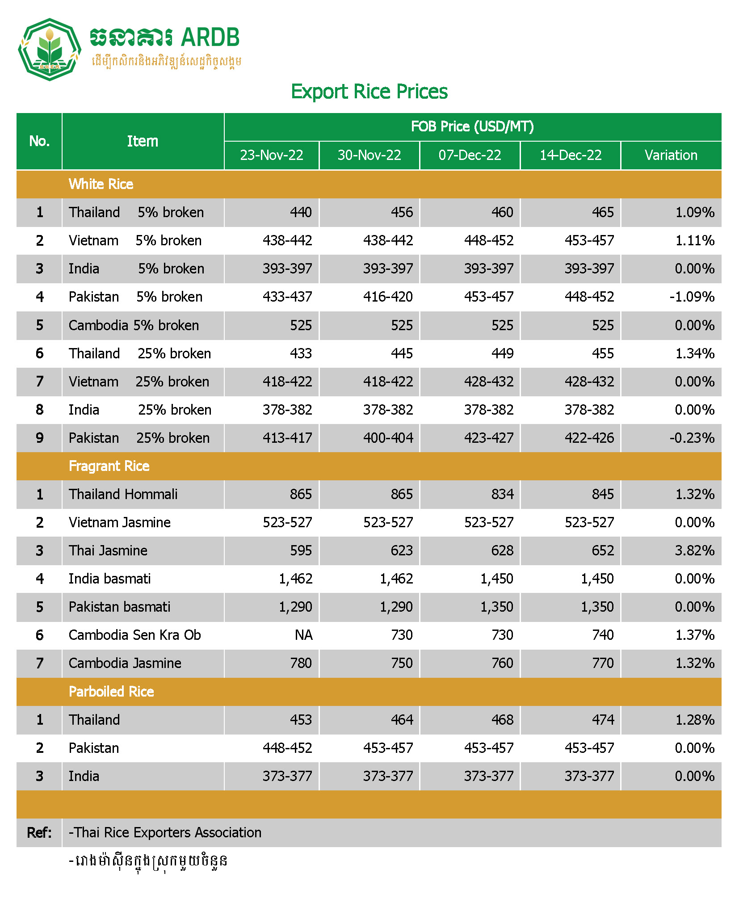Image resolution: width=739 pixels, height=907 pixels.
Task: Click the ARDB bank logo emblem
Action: point(49,49)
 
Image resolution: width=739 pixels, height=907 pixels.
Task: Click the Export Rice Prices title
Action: point(369,92)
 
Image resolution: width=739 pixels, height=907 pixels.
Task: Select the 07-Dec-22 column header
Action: point(470,155)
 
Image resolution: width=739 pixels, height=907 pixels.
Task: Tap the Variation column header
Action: point(671,155)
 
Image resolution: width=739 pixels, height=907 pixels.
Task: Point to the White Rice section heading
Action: point(101,184)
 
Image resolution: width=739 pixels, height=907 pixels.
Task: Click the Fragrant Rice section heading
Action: point(109,466)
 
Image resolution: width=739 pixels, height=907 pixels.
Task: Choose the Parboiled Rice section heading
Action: point(111,692)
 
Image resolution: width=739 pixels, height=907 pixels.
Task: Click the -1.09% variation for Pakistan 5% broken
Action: point(692,297)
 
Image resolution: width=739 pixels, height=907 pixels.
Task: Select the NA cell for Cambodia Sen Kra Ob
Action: point(303,635)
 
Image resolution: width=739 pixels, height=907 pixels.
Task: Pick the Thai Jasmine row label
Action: point(108,550)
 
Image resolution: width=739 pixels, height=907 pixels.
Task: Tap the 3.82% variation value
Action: point(694,550)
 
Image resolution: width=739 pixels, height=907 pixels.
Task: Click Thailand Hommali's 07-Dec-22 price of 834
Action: point(502,494)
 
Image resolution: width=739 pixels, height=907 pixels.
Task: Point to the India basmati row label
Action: point(109,579)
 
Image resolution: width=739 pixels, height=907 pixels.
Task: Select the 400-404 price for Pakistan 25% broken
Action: point(388,438)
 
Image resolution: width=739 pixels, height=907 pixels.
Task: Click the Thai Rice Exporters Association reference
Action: point(165,832)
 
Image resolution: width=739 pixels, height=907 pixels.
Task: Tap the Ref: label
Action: point(39,832)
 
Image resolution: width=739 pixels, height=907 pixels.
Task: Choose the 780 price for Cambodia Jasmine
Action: point(301,663)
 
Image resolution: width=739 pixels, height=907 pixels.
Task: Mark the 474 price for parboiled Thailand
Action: point(603,720)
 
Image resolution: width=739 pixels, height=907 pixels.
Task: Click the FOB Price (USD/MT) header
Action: point(472,127)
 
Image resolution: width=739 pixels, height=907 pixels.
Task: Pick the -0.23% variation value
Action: point(692,438)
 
